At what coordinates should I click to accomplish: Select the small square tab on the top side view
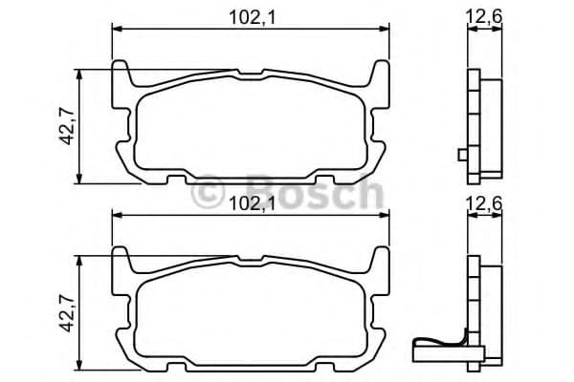[462, 155]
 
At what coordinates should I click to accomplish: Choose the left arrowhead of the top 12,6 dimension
[470, 30]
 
